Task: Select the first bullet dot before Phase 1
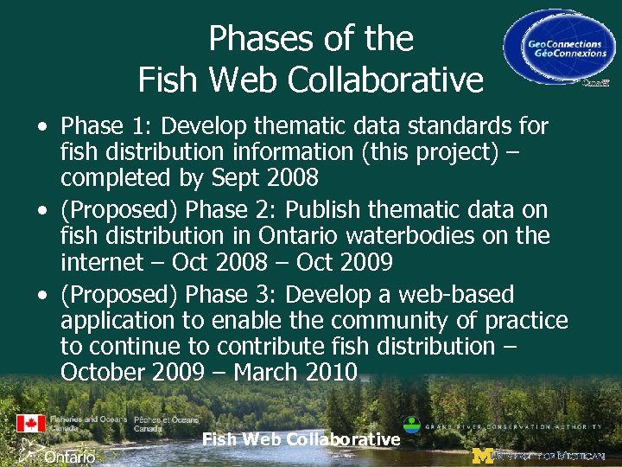(x=42, y=127)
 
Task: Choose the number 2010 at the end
(x=333, y=372)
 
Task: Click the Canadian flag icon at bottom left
(x=30, y=424)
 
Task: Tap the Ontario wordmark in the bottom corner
(x=69, y=456)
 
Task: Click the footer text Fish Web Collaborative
(x=301, y=439)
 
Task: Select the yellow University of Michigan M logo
(x=481, y=455)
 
